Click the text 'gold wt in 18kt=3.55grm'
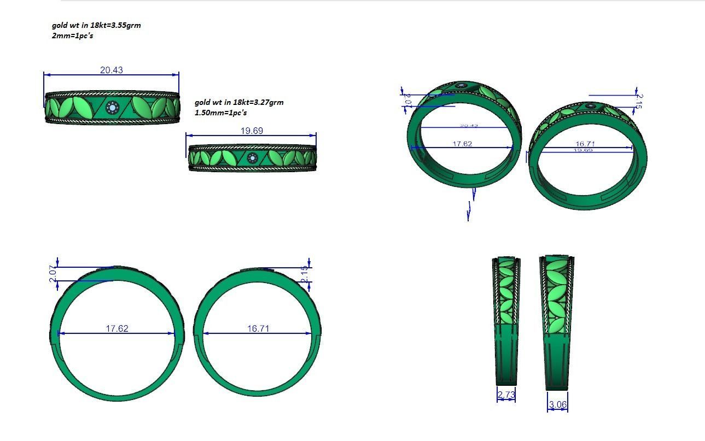(x=96, y=25)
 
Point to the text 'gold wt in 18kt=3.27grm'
(x=239, y=102)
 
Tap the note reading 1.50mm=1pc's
(x=220, y=113)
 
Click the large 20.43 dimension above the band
(x=111, y=70)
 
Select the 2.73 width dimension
(x=506, y=394)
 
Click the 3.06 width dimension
(x=557, y=405)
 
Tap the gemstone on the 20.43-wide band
(x=113, y=108)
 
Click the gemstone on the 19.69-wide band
(x=252, y=158)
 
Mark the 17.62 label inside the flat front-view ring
(x=116, y=328)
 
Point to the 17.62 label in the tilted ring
(x=462, y=144)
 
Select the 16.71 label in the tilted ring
(x=585, y=144)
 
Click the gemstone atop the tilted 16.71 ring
(x=591, y=106)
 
